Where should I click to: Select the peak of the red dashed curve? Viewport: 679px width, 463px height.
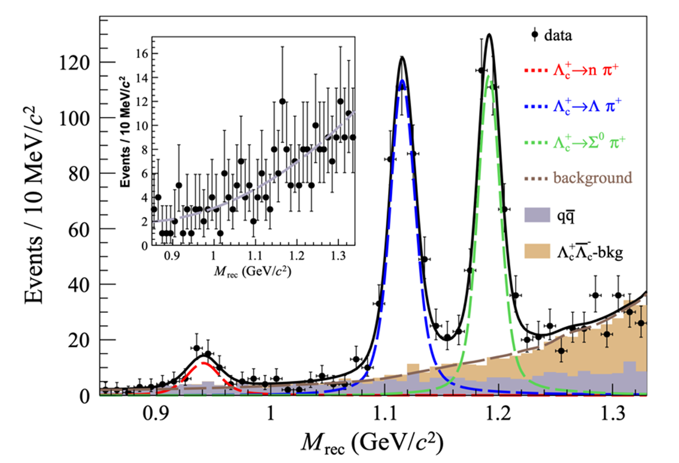(x=203, y=363)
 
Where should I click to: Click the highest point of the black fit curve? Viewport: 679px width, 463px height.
(x=489, y=34)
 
